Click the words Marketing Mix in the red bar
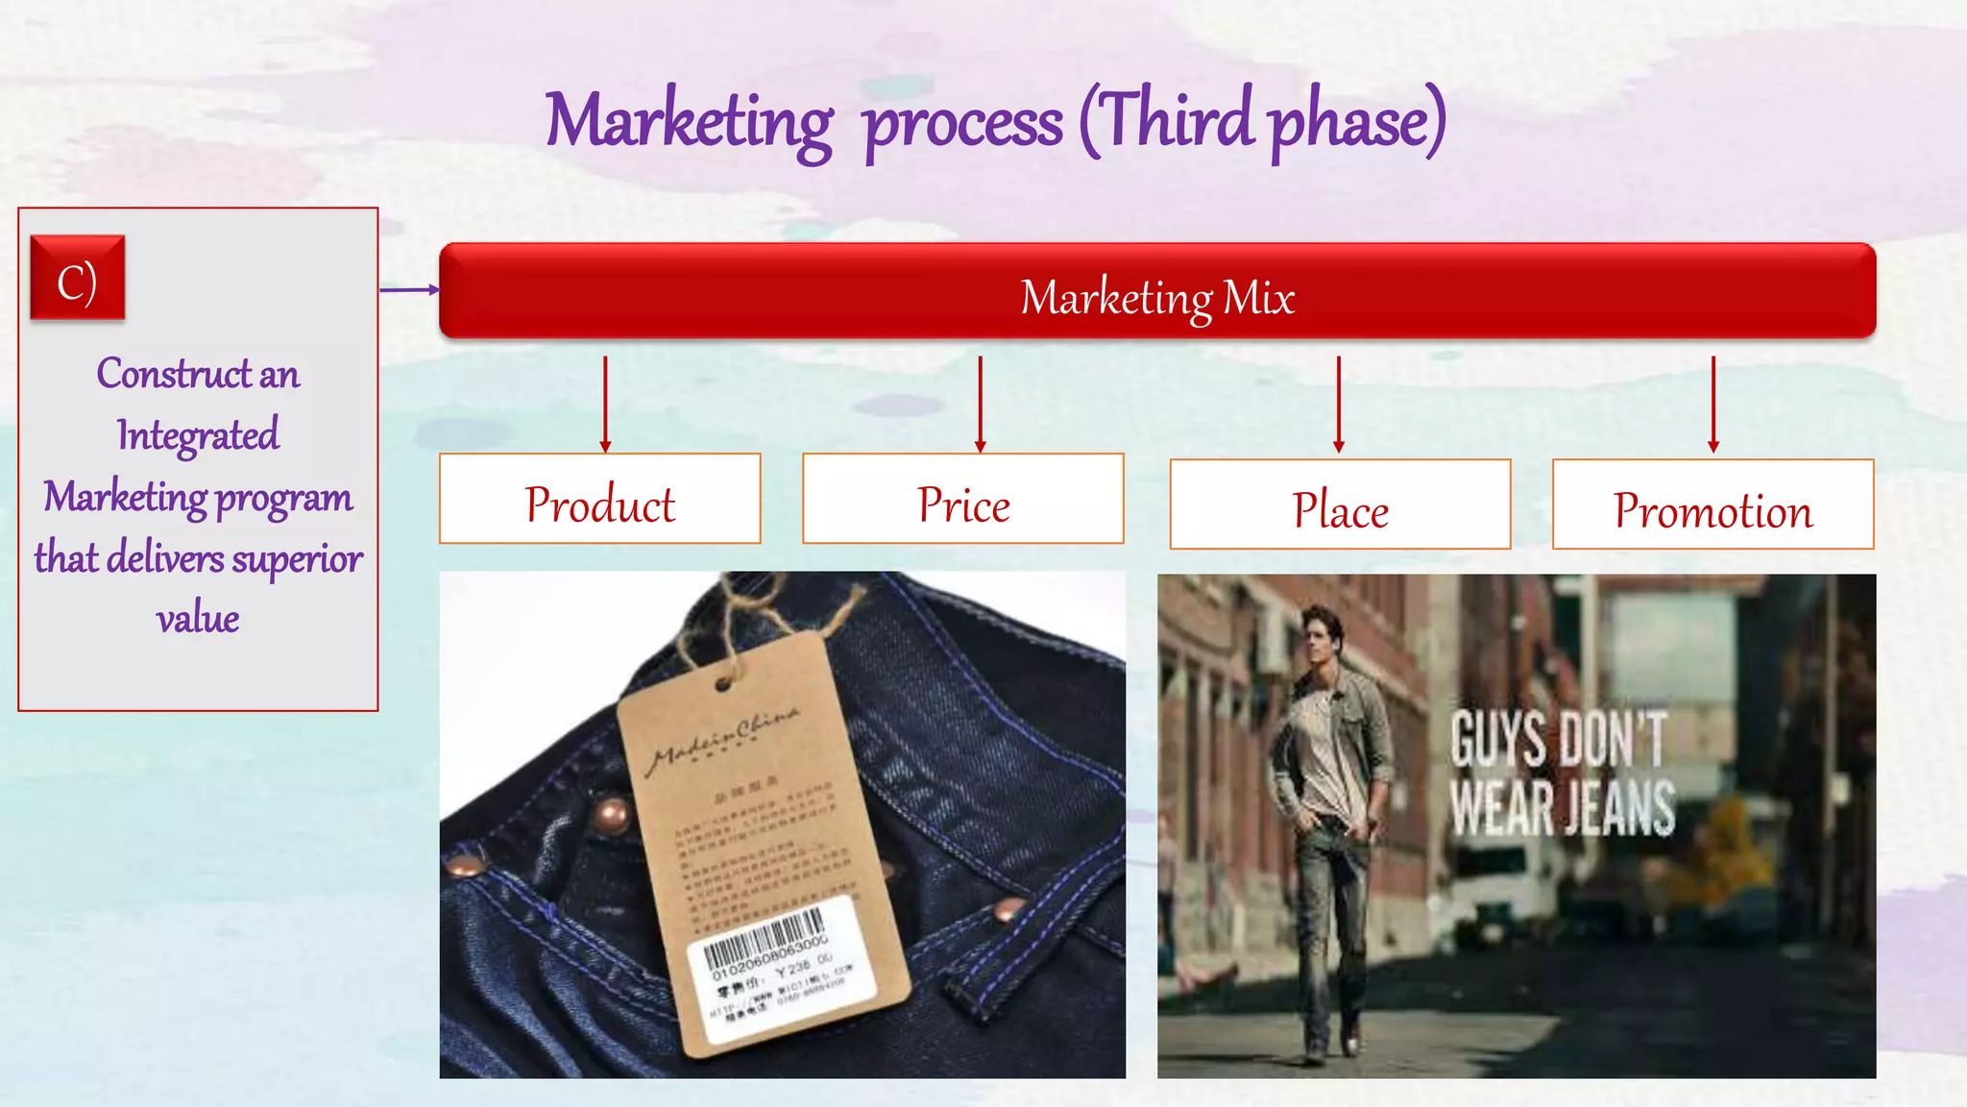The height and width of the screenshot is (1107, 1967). pos(1157,296)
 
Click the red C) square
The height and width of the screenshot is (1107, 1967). pos(78,278)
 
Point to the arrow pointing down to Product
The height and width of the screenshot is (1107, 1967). pos(605,404)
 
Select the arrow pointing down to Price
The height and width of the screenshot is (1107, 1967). pos(980,404)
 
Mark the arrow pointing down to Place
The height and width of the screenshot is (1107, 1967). pos(1338,404)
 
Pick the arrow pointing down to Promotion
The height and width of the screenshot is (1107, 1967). pos(1712,404)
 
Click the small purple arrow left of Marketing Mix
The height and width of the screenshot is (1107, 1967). pos(409,289)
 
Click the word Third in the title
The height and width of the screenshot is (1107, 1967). pos(1178,120)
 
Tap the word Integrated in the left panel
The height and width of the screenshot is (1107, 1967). pos(198,435)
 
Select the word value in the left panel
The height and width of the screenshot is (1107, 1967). pos(198,618)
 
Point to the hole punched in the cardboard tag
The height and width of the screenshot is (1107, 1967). pos(723,684)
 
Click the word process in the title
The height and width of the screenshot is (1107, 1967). pos(962,125)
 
